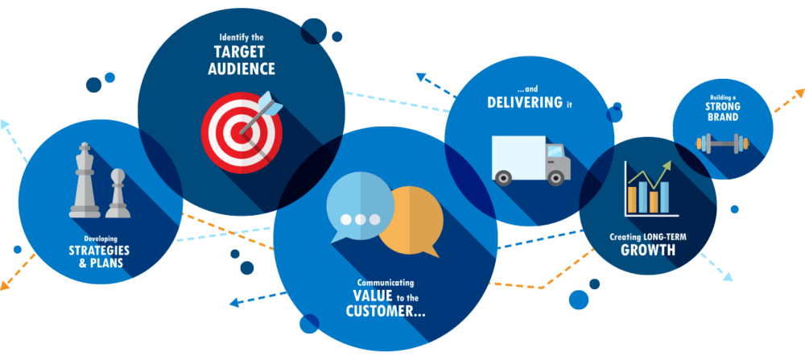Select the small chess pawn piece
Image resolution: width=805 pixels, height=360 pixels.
tap(118, 193)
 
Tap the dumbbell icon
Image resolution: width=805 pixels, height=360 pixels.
tap(723, 144)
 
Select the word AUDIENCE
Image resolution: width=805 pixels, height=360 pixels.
tap(240, 69)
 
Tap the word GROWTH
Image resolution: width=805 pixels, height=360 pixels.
tap(647, 251)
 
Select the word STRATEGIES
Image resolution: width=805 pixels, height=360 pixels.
tap(99, 250)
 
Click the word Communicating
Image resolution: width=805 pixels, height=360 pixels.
tap(386, 283)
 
